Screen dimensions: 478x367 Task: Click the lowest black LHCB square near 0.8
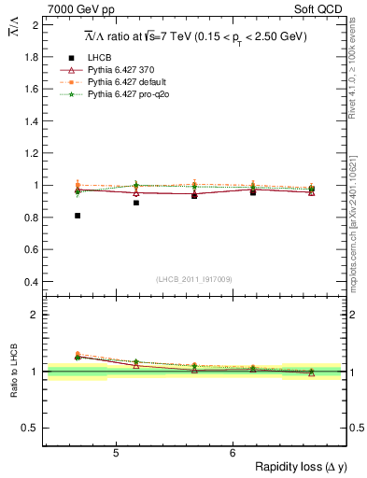[78, 216]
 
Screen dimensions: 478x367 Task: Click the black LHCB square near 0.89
[136, 203]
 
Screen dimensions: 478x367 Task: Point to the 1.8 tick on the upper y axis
[33, 57]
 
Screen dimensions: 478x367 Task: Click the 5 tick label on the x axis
[116, 454]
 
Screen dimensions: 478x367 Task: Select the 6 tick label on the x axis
[233, 454]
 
